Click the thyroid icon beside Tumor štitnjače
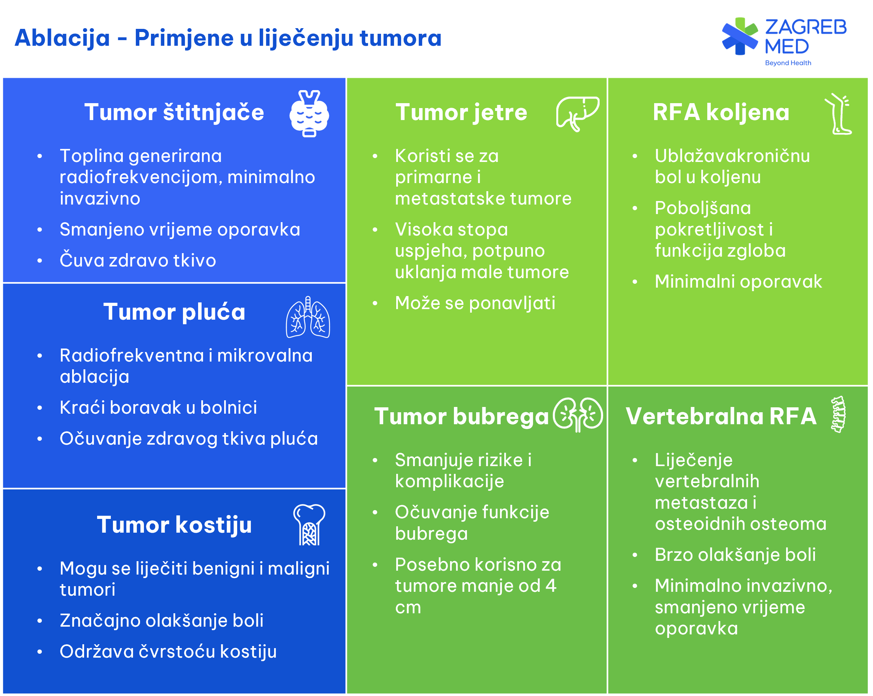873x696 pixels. [x=309, y=114]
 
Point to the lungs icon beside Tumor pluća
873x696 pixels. [x=308, y=317]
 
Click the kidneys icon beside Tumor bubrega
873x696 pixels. [x=578, y=414]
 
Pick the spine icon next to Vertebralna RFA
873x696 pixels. [x=838, y=414]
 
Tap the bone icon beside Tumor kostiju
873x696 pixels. [x=309, y=525]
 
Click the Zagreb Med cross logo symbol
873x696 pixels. [x=740, y=37]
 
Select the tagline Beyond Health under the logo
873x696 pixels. [x=787, y=63]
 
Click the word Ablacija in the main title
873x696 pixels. [x=62, y=38]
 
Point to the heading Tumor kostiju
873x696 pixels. [x=174, y=525]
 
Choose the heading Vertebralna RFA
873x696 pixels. [x=721, y=416]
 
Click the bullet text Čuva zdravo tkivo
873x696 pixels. [x=138, y=260]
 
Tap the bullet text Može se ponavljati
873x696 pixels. [x=475, y=303]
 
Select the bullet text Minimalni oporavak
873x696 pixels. [x=738, y=282]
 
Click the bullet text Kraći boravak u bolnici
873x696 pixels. [x=158, y=407]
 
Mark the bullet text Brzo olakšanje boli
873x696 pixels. [x=735, y=554]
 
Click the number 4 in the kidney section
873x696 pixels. [x=551, y=586]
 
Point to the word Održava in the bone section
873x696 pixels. [x=97, y=651]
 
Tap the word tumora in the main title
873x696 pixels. [x=400, y=38]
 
